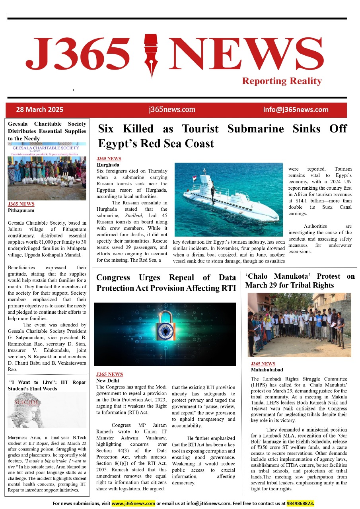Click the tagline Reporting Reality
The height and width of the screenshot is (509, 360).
282,81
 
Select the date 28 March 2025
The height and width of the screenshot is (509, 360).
39,110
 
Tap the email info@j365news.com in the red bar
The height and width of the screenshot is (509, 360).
296,110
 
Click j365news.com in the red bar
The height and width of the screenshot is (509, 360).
172,110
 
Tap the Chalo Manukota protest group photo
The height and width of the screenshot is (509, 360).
299,325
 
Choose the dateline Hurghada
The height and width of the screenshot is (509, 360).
108,165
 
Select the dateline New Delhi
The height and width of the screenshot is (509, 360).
108,381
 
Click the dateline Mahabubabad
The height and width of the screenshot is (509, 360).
267,370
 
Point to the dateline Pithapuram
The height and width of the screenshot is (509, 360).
21,210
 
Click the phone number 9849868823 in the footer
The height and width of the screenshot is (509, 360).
300,503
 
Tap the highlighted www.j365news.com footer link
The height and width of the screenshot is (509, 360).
133,503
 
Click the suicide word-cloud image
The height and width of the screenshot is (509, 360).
47,410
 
